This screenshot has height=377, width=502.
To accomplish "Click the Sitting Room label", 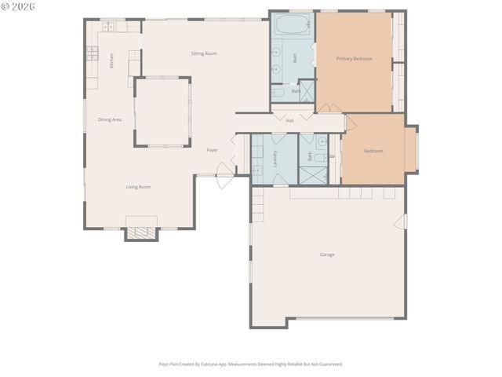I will tap(204, 53).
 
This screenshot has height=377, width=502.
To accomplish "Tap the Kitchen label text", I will tap(111, 60).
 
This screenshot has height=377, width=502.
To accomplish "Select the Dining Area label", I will tap(109, 119).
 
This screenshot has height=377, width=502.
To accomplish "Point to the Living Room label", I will tap(138, 187).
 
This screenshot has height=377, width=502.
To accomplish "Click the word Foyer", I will tap(212, 149).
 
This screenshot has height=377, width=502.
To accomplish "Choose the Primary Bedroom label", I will tap(354, 59).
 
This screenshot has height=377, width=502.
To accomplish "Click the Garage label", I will tap(327, 254).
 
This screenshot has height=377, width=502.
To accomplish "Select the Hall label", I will tap(289, 120).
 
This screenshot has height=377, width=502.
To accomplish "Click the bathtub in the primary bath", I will tap(293, 24).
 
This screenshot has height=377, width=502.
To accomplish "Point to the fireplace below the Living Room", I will tap(141, 232).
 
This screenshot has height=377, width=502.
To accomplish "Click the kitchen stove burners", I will tap(92, 53).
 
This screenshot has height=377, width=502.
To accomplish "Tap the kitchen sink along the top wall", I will tap(108, 27).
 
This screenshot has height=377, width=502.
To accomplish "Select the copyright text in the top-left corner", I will tap(19, 6).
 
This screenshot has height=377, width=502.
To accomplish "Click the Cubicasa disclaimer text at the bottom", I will tap(250, 364).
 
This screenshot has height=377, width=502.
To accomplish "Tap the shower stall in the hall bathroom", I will tap(315, 175).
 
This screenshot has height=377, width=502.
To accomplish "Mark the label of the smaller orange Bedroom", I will tap(373, 151).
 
